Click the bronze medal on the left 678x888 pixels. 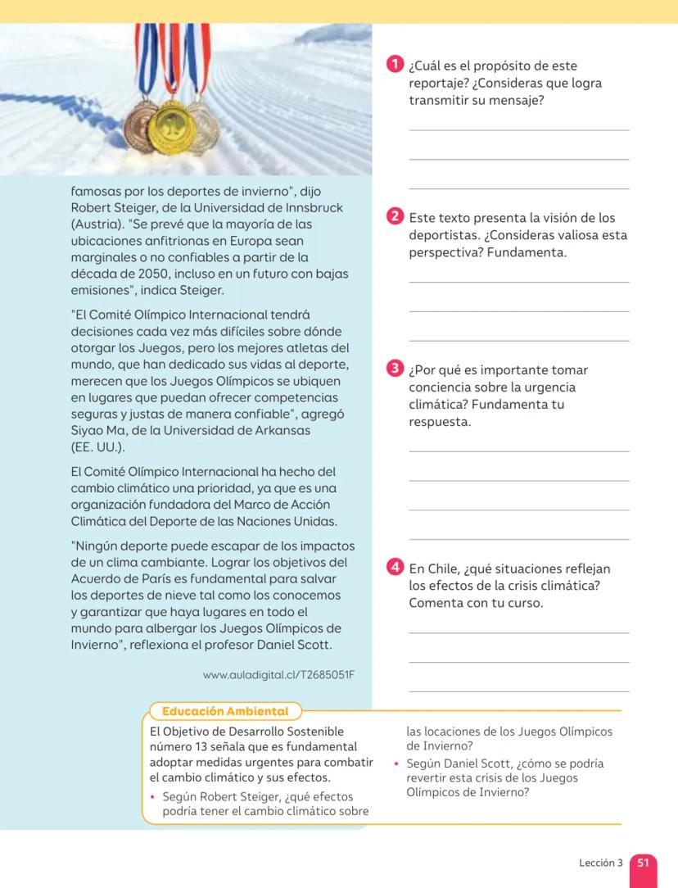(x=140, y=123)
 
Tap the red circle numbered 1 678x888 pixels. (x=395, y=64)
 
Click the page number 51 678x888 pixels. (x=643, y=863)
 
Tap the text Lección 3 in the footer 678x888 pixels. (x=600, y=863)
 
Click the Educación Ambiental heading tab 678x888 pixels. (x=225, y=711)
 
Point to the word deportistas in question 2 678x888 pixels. (x=445, y=235)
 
